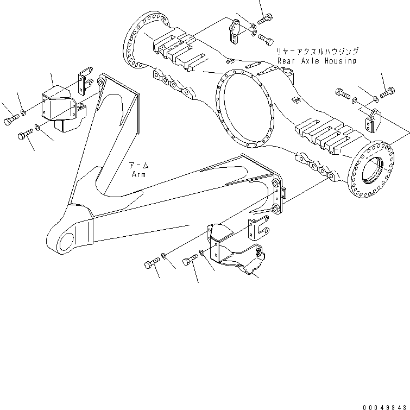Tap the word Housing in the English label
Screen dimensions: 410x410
[339, 61]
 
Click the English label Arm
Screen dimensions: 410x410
[138, 174]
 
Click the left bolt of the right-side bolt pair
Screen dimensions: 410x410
[343, 93]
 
